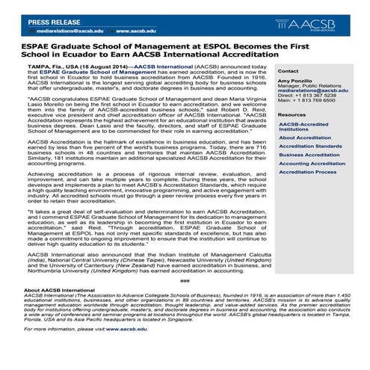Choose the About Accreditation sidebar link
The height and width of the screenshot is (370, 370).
tap(305, 138)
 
